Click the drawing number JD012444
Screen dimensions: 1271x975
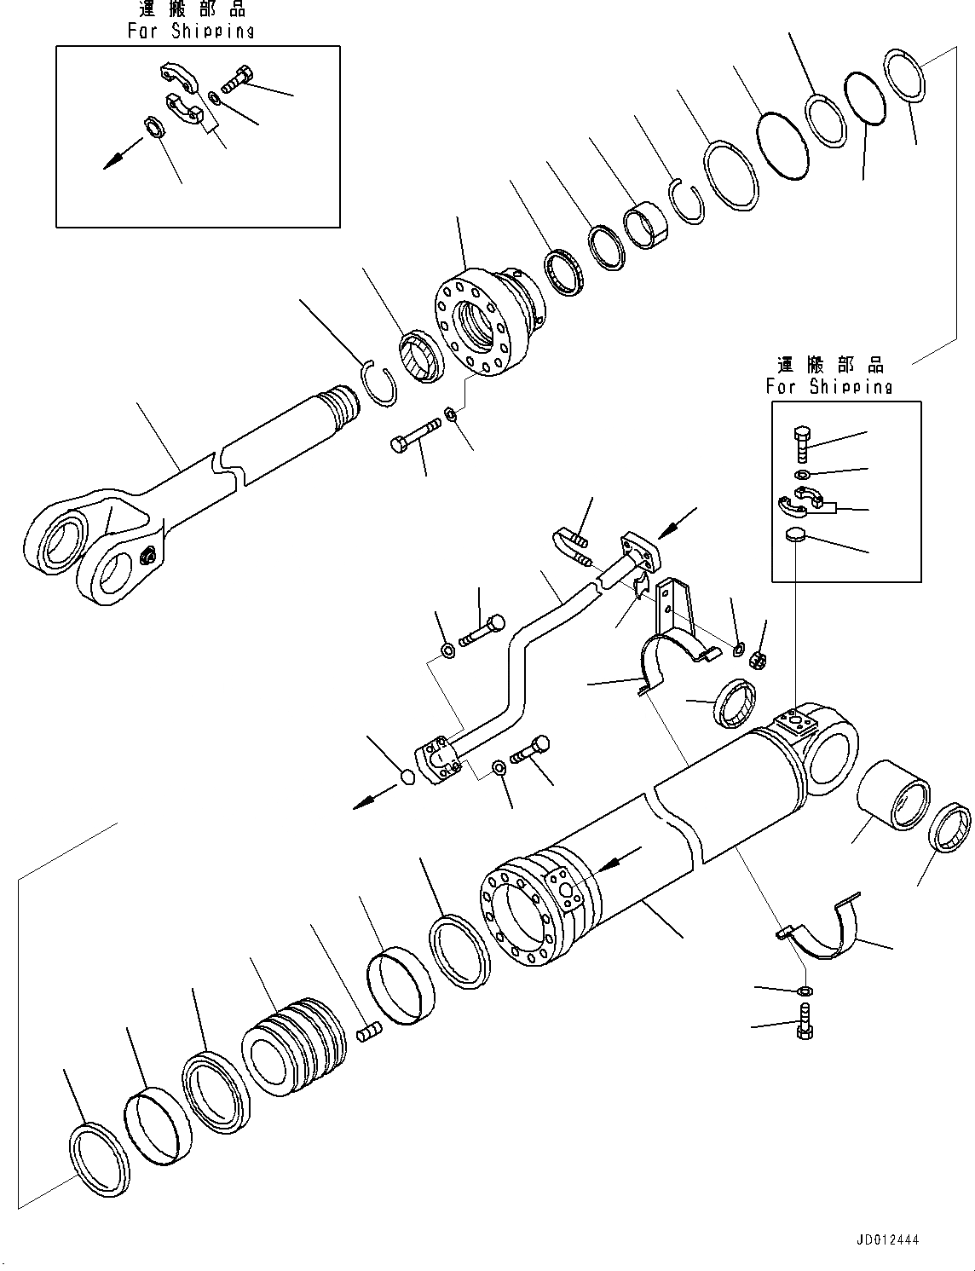click(884, 1241)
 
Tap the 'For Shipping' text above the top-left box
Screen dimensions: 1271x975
click(191, 31)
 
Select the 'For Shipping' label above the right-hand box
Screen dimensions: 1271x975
click(828, 386)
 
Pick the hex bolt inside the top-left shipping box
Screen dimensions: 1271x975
click(236, 81)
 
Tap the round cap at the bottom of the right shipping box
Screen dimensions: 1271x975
click(794, 534)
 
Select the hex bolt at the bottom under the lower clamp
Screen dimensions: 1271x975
click(803, 1022)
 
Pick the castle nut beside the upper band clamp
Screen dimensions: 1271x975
click(754, 659)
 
